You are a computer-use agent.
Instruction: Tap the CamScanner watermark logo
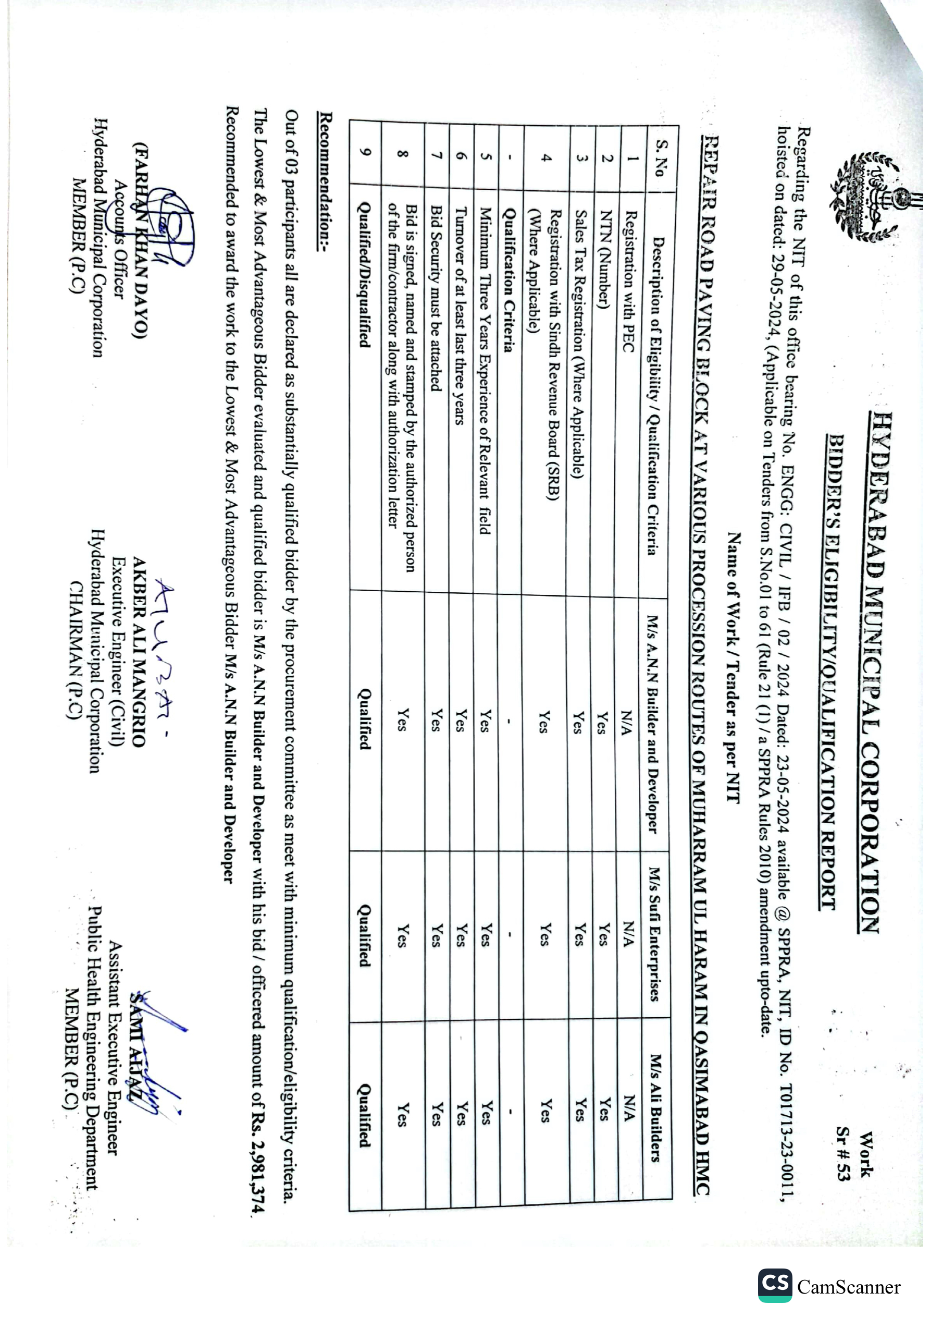click(x=776, y=1286)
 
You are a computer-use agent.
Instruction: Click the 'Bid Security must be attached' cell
click(x=436, y=298)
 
